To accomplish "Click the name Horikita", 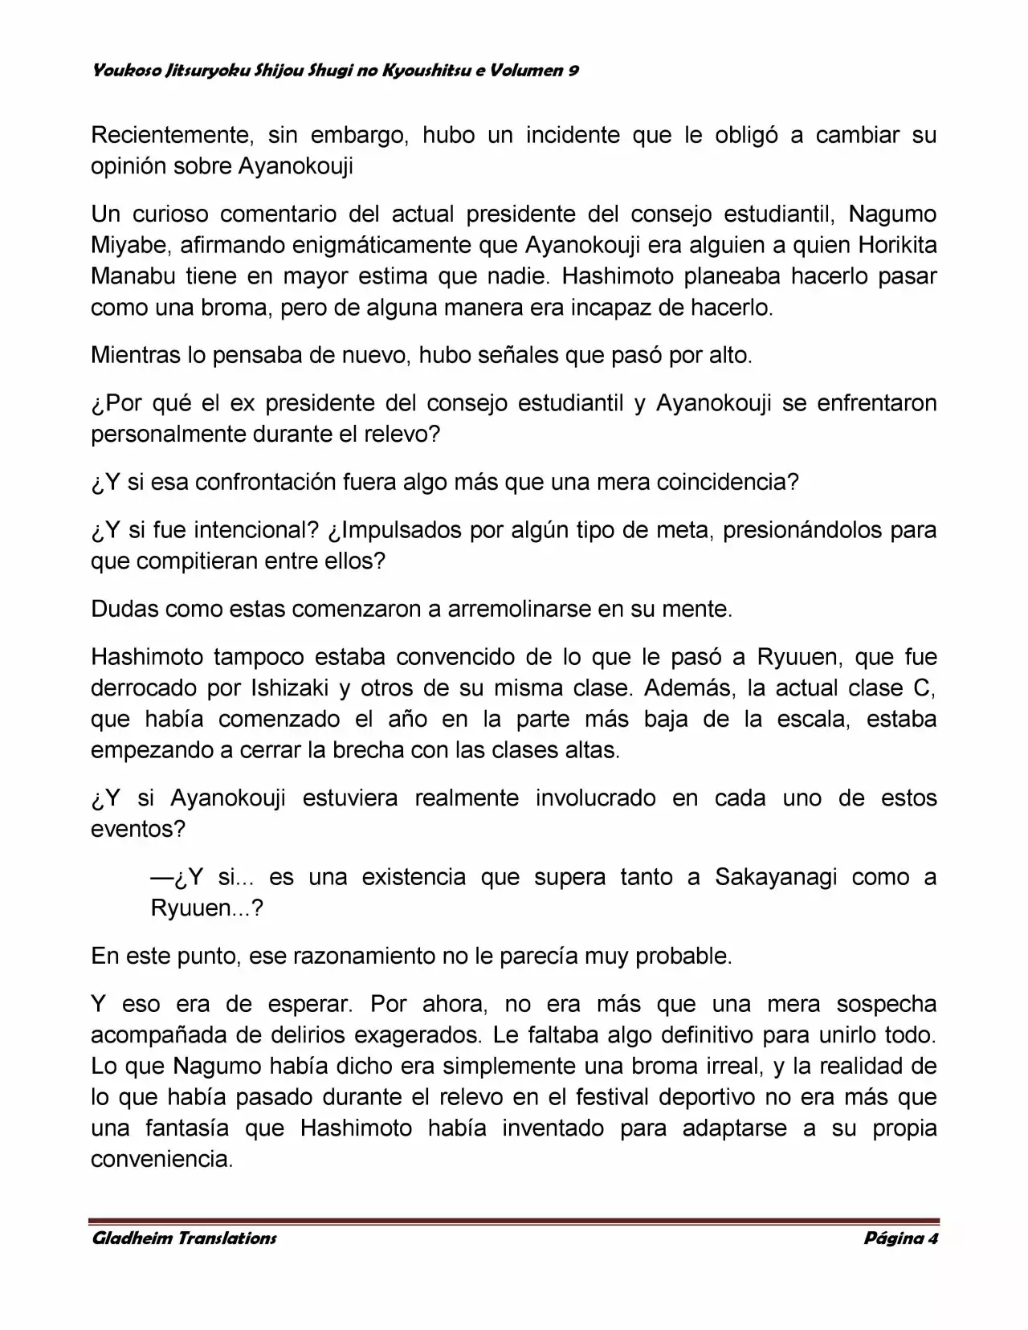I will click(x=897, y=246).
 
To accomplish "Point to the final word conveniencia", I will click(x=161, y=1160).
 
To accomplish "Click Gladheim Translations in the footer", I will click(x=185, y=1238).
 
